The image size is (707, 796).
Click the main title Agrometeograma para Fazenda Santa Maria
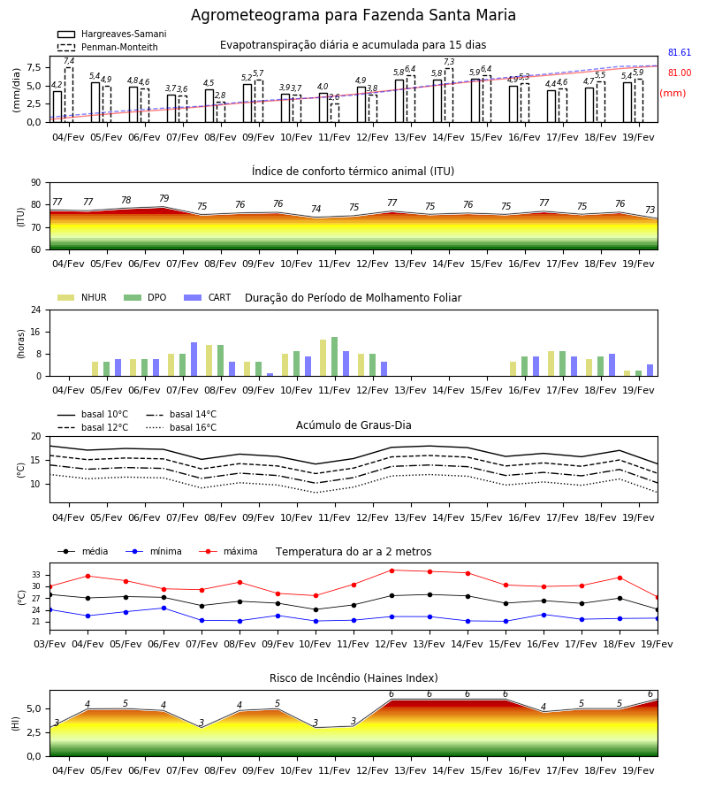[353, 15]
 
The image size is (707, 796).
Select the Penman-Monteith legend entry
[108, 47]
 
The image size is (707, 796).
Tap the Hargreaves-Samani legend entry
[111, 34]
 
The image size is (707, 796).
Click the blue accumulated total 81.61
[680, 53]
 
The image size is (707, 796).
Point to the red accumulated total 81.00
[680, 73]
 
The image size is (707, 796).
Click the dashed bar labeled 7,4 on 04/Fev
[69, 95]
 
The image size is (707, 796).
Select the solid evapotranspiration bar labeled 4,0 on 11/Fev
[323, 108]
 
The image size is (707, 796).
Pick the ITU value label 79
[163, 198]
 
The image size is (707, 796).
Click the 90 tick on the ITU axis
[36, 183]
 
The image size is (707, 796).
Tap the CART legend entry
[208, 297]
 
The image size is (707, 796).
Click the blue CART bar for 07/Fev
[194, 359]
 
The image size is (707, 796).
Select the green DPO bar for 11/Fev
[335, 357]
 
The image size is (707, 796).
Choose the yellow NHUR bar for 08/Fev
[209, 361]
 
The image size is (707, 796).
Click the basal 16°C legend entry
[181, 428]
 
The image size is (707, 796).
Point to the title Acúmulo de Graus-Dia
[353, 425]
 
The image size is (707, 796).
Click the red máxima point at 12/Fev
[392, 570]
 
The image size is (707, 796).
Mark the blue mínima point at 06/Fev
[163, 608]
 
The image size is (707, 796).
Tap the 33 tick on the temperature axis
[36, 575]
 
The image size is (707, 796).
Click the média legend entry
[83, 552]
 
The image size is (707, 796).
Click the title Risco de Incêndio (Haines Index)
[353, 678]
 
